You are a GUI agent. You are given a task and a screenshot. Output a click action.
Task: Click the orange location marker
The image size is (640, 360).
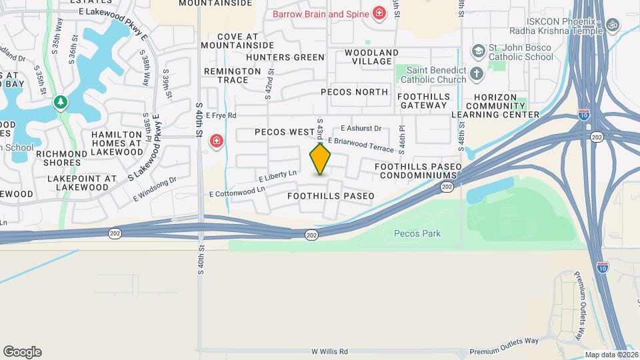point(321,159)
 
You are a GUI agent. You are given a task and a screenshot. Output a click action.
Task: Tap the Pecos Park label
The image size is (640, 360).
point(417,234)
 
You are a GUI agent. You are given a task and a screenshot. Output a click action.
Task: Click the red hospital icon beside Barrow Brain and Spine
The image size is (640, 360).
point(379,13)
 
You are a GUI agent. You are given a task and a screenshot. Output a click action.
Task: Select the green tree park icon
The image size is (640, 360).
point(61,102)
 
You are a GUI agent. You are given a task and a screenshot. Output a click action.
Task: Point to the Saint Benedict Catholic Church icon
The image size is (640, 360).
point(477,73)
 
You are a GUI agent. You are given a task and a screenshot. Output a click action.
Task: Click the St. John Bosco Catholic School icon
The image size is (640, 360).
point(477,51)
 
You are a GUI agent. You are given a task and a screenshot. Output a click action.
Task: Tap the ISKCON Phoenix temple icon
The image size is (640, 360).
point(613,24)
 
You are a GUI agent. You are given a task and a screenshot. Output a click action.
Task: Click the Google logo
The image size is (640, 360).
point(22,352)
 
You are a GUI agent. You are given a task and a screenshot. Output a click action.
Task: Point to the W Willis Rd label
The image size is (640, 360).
point(329,351)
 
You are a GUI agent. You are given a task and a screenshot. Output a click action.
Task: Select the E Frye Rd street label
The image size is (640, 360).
point(221,115)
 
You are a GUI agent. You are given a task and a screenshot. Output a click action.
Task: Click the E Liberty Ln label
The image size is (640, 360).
point(277,176)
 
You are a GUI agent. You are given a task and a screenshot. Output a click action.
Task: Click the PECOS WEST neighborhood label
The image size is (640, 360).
point(284,132)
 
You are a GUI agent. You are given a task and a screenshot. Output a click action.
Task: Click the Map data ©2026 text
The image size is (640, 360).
point(610,355)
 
